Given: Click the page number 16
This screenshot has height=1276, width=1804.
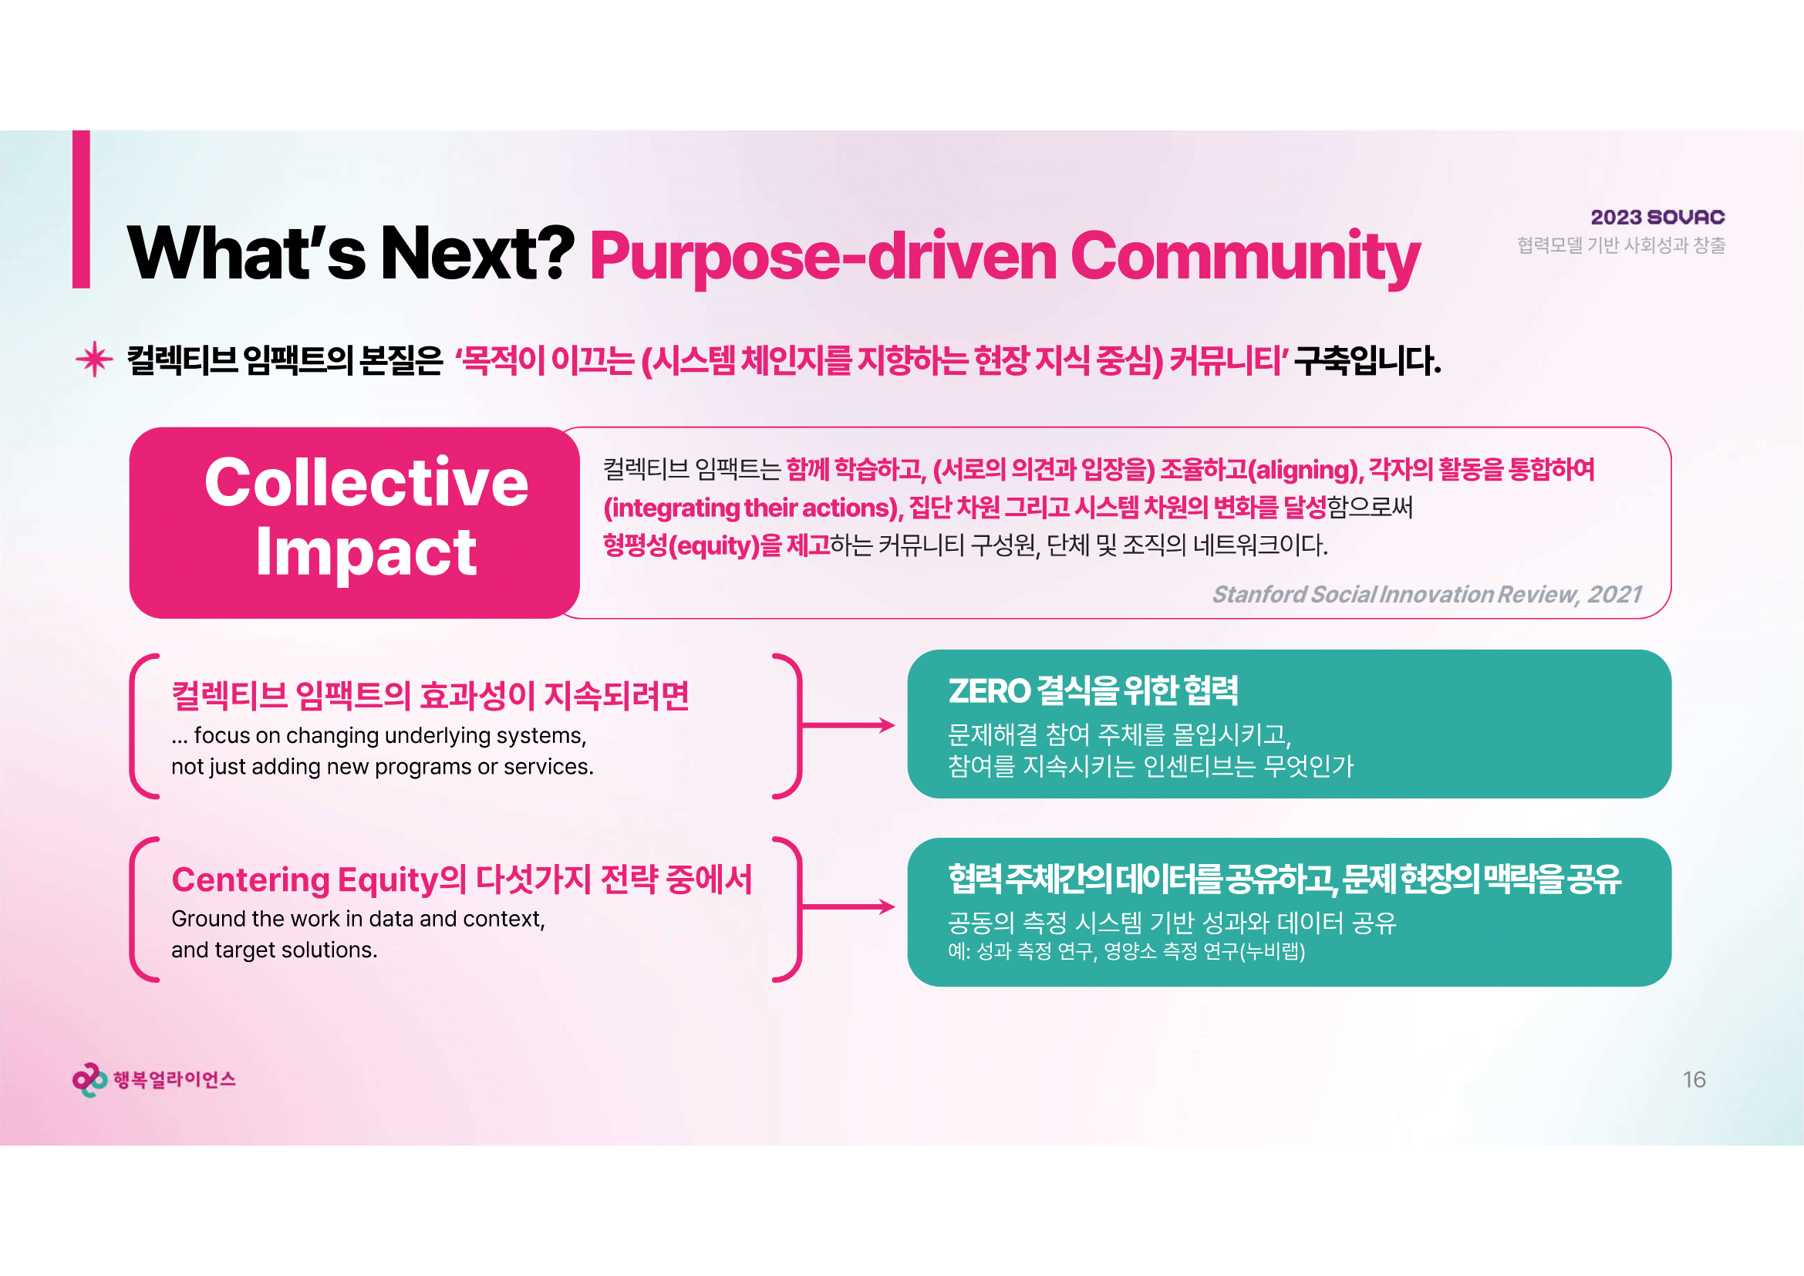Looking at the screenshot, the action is coord(1694,1079).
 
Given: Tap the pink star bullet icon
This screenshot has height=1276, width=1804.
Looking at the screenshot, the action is coord(94,359).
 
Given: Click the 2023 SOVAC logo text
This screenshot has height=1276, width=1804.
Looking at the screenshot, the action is coord(1658,217).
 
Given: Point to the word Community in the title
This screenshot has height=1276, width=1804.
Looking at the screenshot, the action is coord(1246,257).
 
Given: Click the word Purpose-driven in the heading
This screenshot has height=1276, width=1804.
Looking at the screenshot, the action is coord(824,257).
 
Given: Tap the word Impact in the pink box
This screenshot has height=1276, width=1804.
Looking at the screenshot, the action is coord(366,552).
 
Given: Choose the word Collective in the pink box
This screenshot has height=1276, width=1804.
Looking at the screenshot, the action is coord(366,481).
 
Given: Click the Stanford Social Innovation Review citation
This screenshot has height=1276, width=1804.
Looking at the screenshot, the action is coord(1427,594).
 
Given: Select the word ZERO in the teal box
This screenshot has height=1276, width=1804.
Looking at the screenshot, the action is coord(989,691).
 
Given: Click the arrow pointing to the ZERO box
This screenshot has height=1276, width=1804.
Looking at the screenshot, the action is coord(848,725).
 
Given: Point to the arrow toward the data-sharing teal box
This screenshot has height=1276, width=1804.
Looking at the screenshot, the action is coord(848,906).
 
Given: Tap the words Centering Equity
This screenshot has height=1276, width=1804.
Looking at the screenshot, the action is coord(305,880).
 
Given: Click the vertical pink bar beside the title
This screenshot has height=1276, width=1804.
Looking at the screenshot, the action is coord(81,209).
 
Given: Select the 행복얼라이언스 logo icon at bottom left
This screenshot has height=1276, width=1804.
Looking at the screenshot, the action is coord(89,1080).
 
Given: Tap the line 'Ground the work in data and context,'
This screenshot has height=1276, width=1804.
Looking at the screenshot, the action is coord(359,919).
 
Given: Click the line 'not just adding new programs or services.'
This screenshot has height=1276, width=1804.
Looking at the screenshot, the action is coord(383,766).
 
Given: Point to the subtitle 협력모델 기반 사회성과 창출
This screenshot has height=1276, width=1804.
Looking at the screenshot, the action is coord(1621,245).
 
